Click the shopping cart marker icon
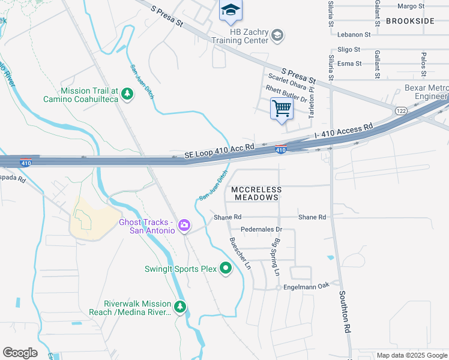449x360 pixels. pos(282,109)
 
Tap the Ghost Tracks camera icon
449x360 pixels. pos(184,226)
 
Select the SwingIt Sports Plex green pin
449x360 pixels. pos(226,268)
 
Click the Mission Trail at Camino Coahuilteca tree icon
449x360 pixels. pos(127,94)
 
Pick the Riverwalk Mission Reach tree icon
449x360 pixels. pos(179,307)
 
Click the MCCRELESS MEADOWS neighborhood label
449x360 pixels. pos(255,193)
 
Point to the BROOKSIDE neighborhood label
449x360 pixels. pos(410,21)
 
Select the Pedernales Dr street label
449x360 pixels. pos(261,229)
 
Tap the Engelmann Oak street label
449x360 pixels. pos(307,286)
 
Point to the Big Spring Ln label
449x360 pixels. pos(277,257)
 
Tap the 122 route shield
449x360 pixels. pos(401,111)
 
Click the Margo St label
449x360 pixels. pos(411,6)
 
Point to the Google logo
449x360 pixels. pos(20,353)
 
